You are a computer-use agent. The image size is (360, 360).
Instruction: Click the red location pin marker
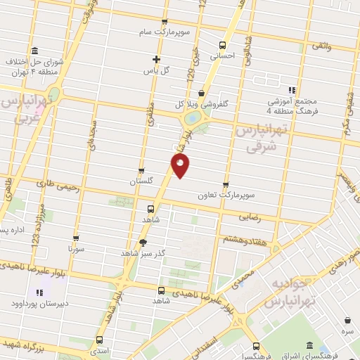pos(181,167)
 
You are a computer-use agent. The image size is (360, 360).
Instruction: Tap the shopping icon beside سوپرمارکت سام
pos(165,22)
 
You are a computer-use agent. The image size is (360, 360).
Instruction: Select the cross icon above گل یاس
pos(156,59)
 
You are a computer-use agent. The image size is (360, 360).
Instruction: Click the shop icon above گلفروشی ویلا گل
pos(202,93)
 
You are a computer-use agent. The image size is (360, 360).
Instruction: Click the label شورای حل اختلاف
pos(35,62)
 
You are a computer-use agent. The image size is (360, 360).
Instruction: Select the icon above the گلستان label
pos(141,171)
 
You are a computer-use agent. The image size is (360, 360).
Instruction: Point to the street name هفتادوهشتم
pos(242,240)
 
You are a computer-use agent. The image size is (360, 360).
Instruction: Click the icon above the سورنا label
pos(76,238)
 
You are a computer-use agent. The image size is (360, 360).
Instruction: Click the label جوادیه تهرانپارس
pos(288,293)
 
